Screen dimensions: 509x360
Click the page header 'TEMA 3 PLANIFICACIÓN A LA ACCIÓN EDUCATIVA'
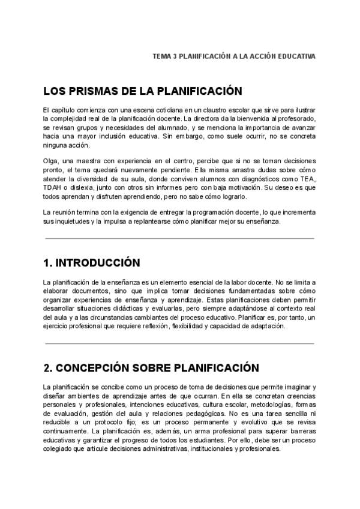234,56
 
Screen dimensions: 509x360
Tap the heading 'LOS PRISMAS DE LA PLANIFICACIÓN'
142,91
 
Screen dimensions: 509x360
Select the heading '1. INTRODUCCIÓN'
91,263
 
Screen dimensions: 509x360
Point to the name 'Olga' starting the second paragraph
50,161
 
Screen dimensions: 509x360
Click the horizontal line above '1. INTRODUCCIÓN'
179,238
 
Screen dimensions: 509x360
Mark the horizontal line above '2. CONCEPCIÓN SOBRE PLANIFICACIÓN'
179,343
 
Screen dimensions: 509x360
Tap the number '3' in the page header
174,56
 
